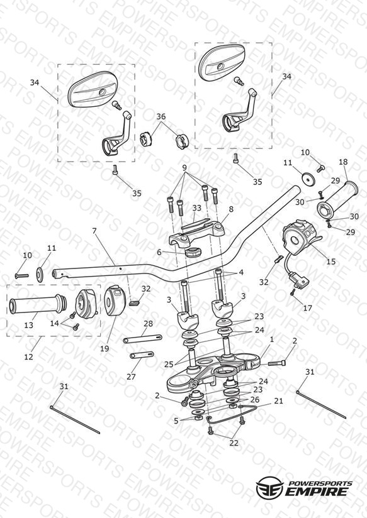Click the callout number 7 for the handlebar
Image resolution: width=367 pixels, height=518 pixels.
point(95,231)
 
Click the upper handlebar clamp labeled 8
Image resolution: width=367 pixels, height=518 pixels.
point(197,232)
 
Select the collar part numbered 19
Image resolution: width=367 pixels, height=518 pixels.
point(114,300)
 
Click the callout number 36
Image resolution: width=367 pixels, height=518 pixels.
point(161,117)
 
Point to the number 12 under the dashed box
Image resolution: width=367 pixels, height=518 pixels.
point(29,357)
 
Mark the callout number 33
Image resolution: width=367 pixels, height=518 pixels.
point(197,208)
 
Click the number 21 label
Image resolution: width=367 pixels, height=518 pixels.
point(279,401)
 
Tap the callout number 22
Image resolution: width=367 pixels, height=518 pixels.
point(234,443)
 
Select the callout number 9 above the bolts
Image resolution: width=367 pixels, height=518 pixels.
point(184,167)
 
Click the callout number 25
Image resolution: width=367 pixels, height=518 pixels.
point(169,364)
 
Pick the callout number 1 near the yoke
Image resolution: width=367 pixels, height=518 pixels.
point(272,339)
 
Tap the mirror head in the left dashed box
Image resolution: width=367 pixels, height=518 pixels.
point(93,89)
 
